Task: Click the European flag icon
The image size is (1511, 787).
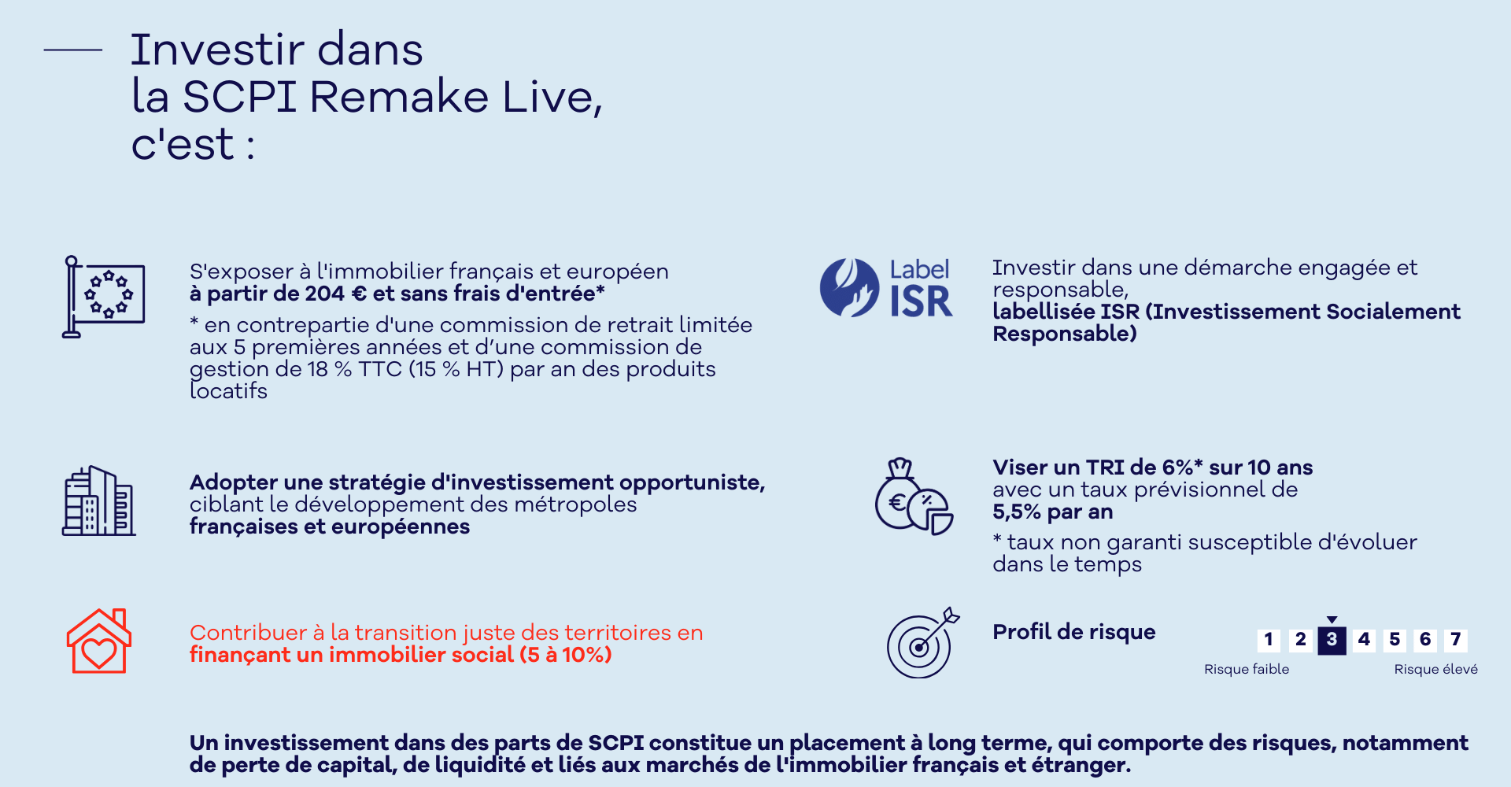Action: coord(103,297)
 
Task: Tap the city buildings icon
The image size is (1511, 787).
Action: coord(98,501)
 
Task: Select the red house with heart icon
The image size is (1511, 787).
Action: coord(99,641)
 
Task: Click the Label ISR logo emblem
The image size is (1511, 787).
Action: coord(849,288)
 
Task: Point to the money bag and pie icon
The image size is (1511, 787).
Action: coord(914,497)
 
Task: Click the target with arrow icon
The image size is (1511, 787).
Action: coord(922,642)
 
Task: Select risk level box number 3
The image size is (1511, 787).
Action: coord(1332,640)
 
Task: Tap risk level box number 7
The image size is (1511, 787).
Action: coord(1456,640)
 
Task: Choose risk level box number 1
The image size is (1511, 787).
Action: coord(1269,640)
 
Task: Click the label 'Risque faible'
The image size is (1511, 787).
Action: coord(1247,669)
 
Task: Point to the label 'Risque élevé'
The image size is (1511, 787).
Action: coord(1435,669)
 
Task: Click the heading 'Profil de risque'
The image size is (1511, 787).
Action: coord(1073,632)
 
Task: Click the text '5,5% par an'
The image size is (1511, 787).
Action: coord(1052,512)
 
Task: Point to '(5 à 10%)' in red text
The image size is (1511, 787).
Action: coord(566,655)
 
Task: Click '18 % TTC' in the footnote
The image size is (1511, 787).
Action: coord(354,369)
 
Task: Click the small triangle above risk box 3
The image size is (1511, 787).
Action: coord(1332,620)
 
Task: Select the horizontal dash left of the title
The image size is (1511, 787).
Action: coord(73,50)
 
